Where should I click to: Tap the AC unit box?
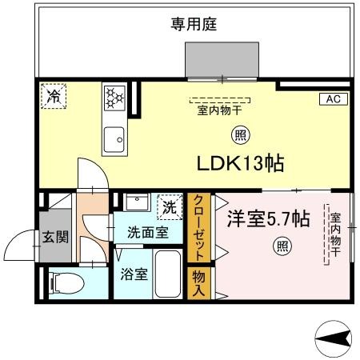point(334,99)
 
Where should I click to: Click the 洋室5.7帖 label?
point(267,218)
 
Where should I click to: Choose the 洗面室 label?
point(148,233)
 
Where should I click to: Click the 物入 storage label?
point(199,283)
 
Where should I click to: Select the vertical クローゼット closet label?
point(199,227)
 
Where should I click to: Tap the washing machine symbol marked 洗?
point(169,206)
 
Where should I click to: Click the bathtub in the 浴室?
point(168,275)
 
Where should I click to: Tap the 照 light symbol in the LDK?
point(238,134)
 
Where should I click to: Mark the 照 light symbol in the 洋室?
point(281,246)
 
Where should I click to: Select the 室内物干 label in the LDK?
point(220,111)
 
